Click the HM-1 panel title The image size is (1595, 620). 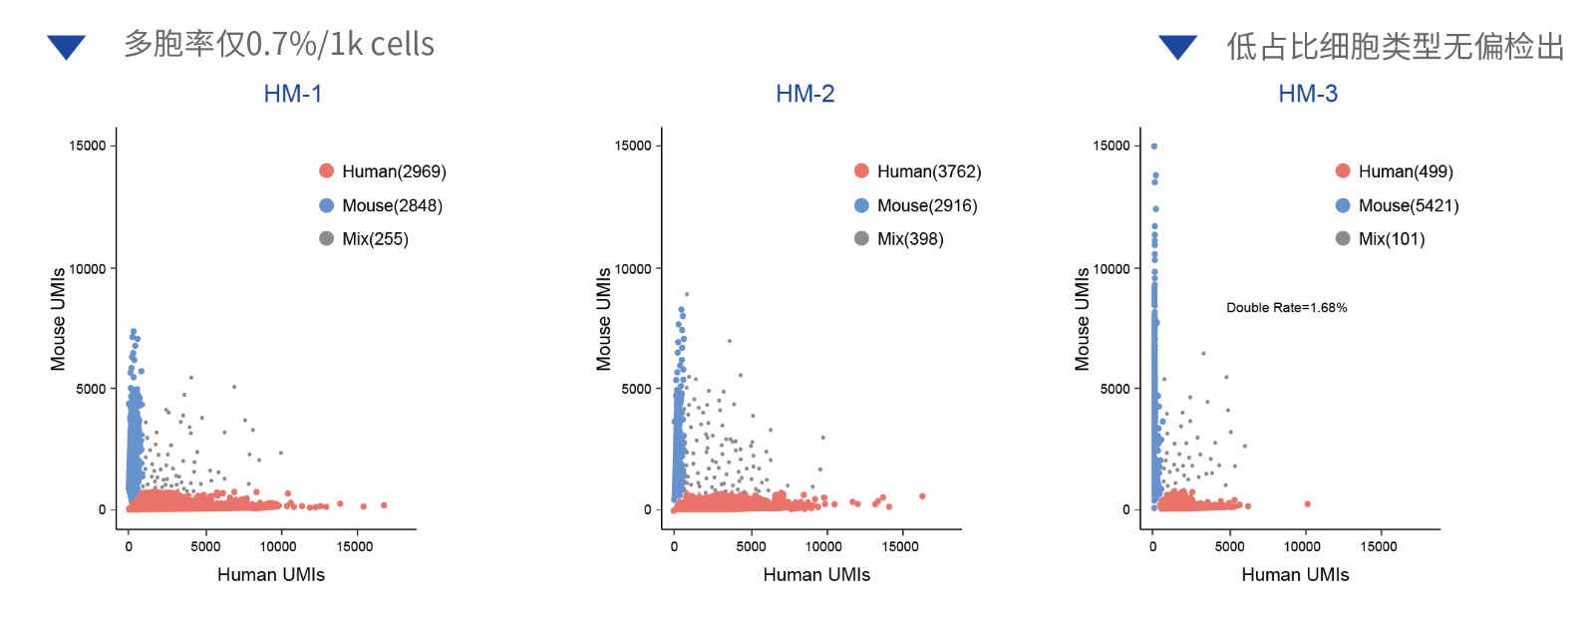coord(293,94)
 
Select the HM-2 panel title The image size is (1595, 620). coord(805,94)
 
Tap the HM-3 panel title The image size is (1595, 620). coord(1308,94)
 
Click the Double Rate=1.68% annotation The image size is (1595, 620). coord(1286,307)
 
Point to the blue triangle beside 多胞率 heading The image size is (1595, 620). coord(67,46)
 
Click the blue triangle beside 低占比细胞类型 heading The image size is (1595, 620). coord(1177,46)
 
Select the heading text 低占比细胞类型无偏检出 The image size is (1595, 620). coord(1395,46)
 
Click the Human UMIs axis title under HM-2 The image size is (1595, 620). coord(816,574)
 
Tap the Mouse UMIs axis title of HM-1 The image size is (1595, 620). coord(58,319)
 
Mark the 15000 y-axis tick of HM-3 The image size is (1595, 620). coord(1111,146)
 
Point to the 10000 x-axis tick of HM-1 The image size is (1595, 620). coord(278,546)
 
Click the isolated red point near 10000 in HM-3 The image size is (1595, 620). coord(1307,504)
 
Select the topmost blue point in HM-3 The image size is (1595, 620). coord(1154,147)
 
